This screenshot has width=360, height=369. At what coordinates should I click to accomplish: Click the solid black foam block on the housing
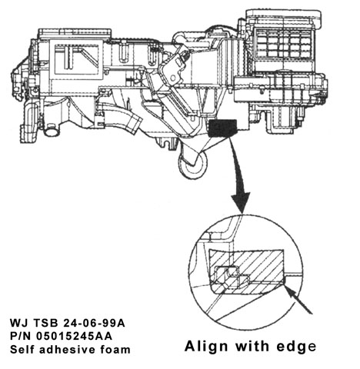(223, 128)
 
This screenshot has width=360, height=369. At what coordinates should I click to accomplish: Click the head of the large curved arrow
(241, 201)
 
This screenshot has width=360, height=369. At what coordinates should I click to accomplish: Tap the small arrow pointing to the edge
(298, 300)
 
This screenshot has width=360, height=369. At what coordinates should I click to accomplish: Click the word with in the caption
(252, 346)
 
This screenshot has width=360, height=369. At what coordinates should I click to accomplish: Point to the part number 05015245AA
(74, 336)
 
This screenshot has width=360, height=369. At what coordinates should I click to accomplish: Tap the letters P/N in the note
(21, 336)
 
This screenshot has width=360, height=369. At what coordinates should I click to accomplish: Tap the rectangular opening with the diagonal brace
(76, 58)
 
